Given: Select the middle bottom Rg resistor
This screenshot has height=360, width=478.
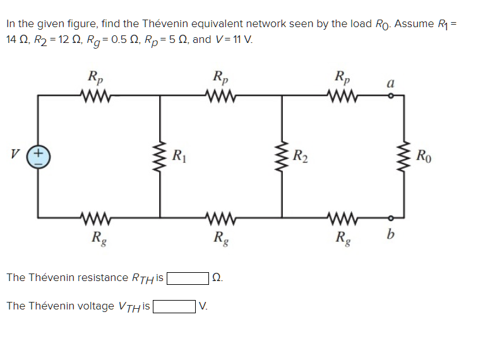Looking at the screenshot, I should pos(221,221).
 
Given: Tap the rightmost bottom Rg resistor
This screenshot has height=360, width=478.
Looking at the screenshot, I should pos(343,221).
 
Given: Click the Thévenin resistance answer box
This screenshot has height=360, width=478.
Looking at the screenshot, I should pos(188,278).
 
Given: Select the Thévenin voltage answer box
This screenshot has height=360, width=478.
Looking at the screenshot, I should pos(174,306).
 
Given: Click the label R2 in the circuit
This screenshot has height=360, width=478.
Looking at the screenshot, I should pos(301,155).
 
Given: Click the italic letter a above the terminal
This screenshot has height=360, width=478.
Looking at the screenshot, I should pos(391,83).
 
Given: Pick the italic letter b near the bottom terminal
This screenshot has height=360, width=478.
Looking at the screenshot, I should pos(391,236).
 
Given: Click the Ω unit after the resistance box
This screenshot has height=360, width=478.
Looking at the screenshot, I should pos(218,278).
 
